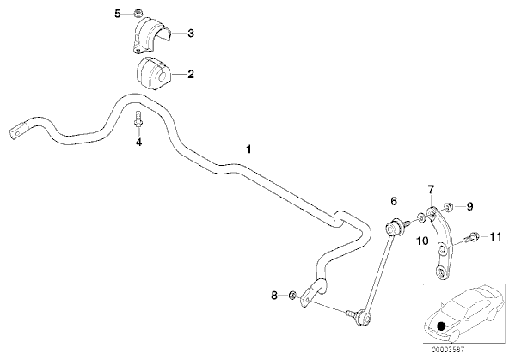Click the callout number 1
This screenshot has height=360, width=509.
248,149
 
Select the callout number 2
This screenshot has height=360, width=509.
191,74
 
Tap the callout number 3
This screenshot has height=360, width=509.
191,34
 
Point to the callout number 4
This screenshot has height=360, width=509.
138,142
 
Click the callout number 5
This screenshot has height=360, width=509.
118,14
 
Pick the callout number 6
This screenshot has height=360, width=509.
394,201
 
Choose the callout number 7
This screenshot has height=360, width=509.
431,189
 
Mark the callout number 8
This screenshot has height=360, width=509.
274,296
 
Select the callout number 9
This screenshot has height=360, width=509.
469,206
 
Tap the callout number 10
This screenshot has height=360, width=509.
422,241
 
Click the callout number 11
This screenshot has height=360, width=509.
495,237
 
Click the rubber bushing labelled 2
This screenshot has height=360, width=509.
152,74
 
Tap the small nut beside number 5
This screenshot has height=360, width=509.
139,14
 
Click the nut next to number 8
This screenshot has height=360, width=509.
292,295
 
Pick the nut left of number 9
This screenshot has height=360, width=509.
448,206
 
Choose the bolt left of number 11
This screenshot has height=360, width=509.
473,237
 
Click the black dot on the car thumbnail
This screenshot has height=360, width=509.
440,326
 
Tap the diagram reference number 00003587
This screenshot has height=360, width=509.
448,350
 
